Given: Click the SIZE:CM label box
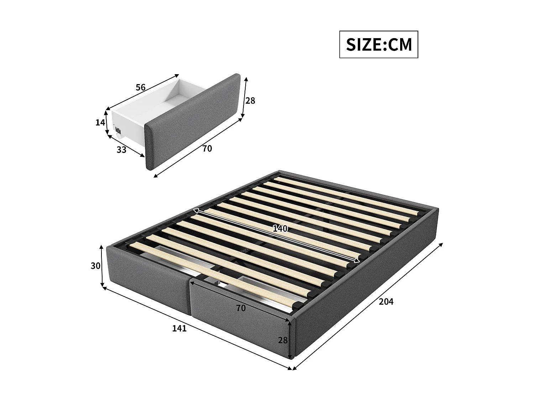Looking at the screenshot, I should tap(378, 45).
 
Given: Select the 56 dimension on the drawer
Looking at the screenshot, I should tap(141, 87).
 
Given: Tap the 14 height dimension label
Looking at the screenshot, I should tap(100, 123).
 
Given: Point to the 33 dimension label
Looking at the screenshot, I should tap(121, 150).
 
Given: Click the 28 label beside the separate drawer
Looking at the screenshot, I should tap(250, 101).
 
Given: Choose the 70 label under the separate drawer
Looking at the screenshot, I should tap(207, 149).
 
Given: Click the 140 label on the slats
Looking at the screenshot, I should tap(280, 229).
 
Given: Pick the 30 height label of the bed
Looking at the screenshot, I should tap(95, 266).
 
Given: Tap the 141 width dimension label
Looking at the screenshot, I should tap(179, 328).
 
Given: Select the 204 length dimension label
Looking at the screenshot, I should tap(386, 302).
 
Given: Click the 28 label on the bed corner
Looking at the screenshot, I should tap(283, 340).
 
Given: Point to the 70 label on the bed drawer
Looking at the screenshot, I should tap(241, 308).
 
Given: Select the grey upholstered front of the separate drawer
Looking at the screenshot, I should tap(192, 121).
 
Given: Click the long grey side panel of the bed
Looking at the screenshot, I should tap(367, 282).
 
